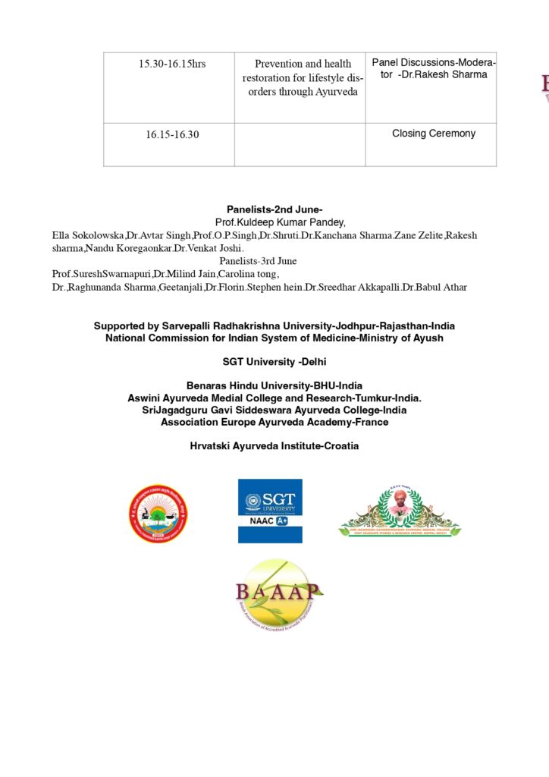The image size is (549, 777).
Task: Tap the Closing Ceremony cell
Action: tap(434, 134)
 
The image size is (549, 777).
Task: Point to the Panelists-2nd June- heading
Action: tap(274, 209)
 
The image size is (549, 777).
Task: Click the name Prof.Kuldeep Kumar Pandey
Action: tap(274, 222)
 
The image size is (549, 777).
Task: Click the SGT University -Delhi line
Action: tap(274, 363)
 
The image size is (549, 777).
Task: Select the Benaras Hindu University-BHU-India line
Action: tap(274, 386)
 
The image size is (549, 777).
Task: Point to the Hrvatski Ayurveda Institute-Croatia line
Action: tap(274, 446)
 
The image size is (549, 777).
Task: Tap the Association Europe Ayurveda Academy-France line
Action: tap(274, 422)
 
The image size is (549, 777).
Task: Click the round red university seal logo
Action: tap(158, 514)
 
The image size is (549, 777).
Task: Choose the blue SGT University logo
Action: tap(270, 511)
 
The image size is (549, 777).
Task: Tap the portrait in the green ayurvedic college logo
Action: tap(399, 501)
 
